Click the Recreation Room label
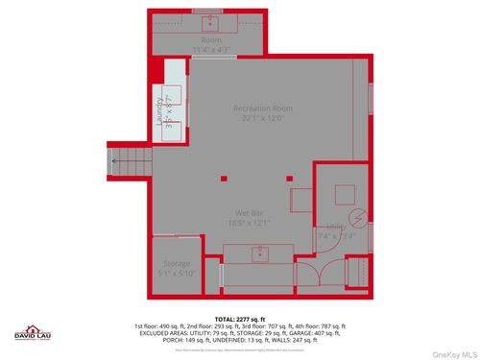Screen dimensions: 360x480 pyautogui.click(x=263, y=108)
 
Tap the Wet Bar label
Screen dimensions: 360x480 pyautogui.click(x=249, y=212)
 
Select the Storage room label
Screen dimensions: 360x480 pyautogui.click(x=177, y=263)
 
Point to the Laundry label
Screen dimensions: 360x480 pyautogui.click(x=160, y=112)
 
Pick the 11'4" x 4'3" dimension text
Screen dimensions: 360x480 pyautogui.click(x=210, y=49)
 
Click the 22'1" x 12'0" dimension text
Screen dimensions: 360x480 pyautogui.click(x=263, y=119)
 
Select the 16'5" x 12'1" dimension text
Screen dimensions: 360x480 pyautogui.click(x=249, y=223)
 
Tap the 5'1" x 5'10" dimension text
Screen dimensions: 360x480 pyautogui.click(x=177, y=273)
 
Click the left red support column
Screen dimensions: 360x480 pyautogui.click(x=223, y=178)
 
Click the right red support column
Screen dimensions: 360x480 pyautogui.click(x=290, y=178)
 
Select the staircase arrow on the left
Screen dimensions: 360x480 pyautogui.click(x=114, y=161)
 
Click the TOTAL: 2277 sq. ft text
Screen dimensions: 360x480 pyautogui.click(x=240, y=318)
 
